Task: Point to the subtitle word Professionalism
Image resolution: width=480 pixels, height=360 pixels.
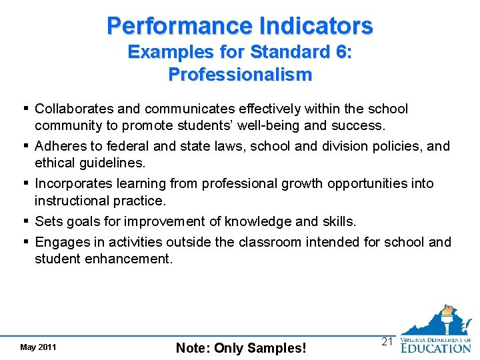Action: point(240,74)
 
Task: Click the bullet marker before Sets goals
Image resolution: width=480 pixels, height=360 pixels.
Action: point(25,221)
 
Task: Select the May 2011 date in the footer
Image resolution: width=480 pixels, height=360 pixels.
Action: point(38,347)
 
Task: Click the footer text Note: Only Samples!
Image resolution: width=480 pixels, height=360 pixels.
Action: point(241,347)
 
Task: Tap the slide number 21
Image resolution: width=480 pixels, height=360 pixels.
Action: point(387,341)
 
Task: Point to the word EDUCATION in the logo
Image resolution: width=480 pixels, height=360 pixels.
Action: point(435,347)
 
